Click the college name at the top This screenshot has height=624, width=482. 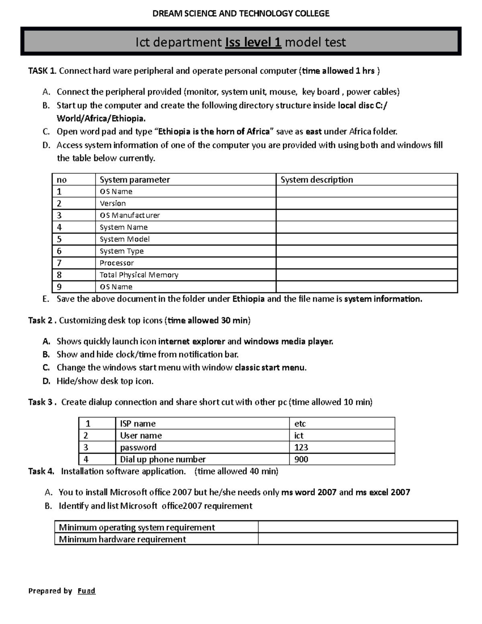click(x=241, y=14)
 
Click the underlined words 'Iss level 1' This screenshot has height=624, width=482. click(x=253, y=42)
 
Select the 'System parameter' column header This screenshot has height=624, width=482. click(x=135, y=180)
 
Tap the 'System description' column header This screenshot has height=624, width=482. click(x=317, y=180)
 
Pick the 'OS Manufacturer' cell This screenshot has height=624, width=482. click(x=129, y=215)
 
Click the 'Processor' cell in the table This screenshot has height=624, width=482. click(x=116, y=263)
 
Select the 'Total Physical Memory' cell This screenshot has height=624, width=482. click(x=139, y=275)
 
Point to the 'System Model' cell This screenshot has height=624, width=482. click(x=125, y=239)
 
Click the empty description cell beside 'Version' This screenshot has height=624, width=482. click(x=366, y=203)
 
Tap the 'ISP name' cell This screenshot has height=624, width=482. click(x=138, y=424)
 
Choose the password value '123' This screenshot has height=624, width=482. click(x=301, y=447)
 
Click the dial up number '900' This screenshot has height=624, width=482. click(x=301, y=459)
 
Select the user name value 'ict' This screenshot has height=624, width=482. click(x=298, y=436)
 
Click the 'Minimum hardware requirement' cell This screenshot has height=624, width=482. click(x=122, y=539)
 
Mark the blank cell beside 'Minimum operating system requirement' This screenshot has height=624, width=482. click(x=357, y=527)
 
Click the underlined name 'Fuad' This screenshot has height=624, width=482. click(x=86, y=591)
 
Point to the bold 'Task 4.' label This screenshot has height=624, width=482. click(x=41, y=471)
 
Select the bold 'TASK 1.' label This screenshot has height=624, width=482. click(x=42, y=71)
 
